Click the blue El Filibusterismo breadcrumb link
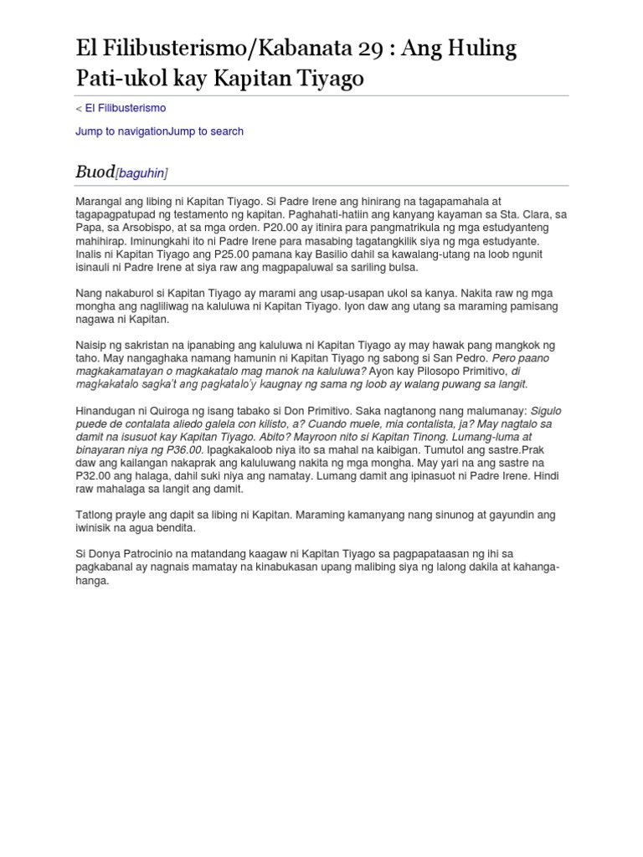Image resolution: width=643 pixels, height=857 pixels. point(126,108)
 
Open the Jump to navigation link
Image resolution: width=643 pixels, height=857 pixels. point(121,131)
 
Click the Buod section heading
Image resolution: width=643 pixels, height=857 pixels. point(95,172)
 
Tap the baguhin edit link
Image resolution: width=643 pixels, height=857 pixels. point(141,173)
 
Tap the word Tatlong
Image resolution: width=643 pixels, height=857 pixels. point(95,515)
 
